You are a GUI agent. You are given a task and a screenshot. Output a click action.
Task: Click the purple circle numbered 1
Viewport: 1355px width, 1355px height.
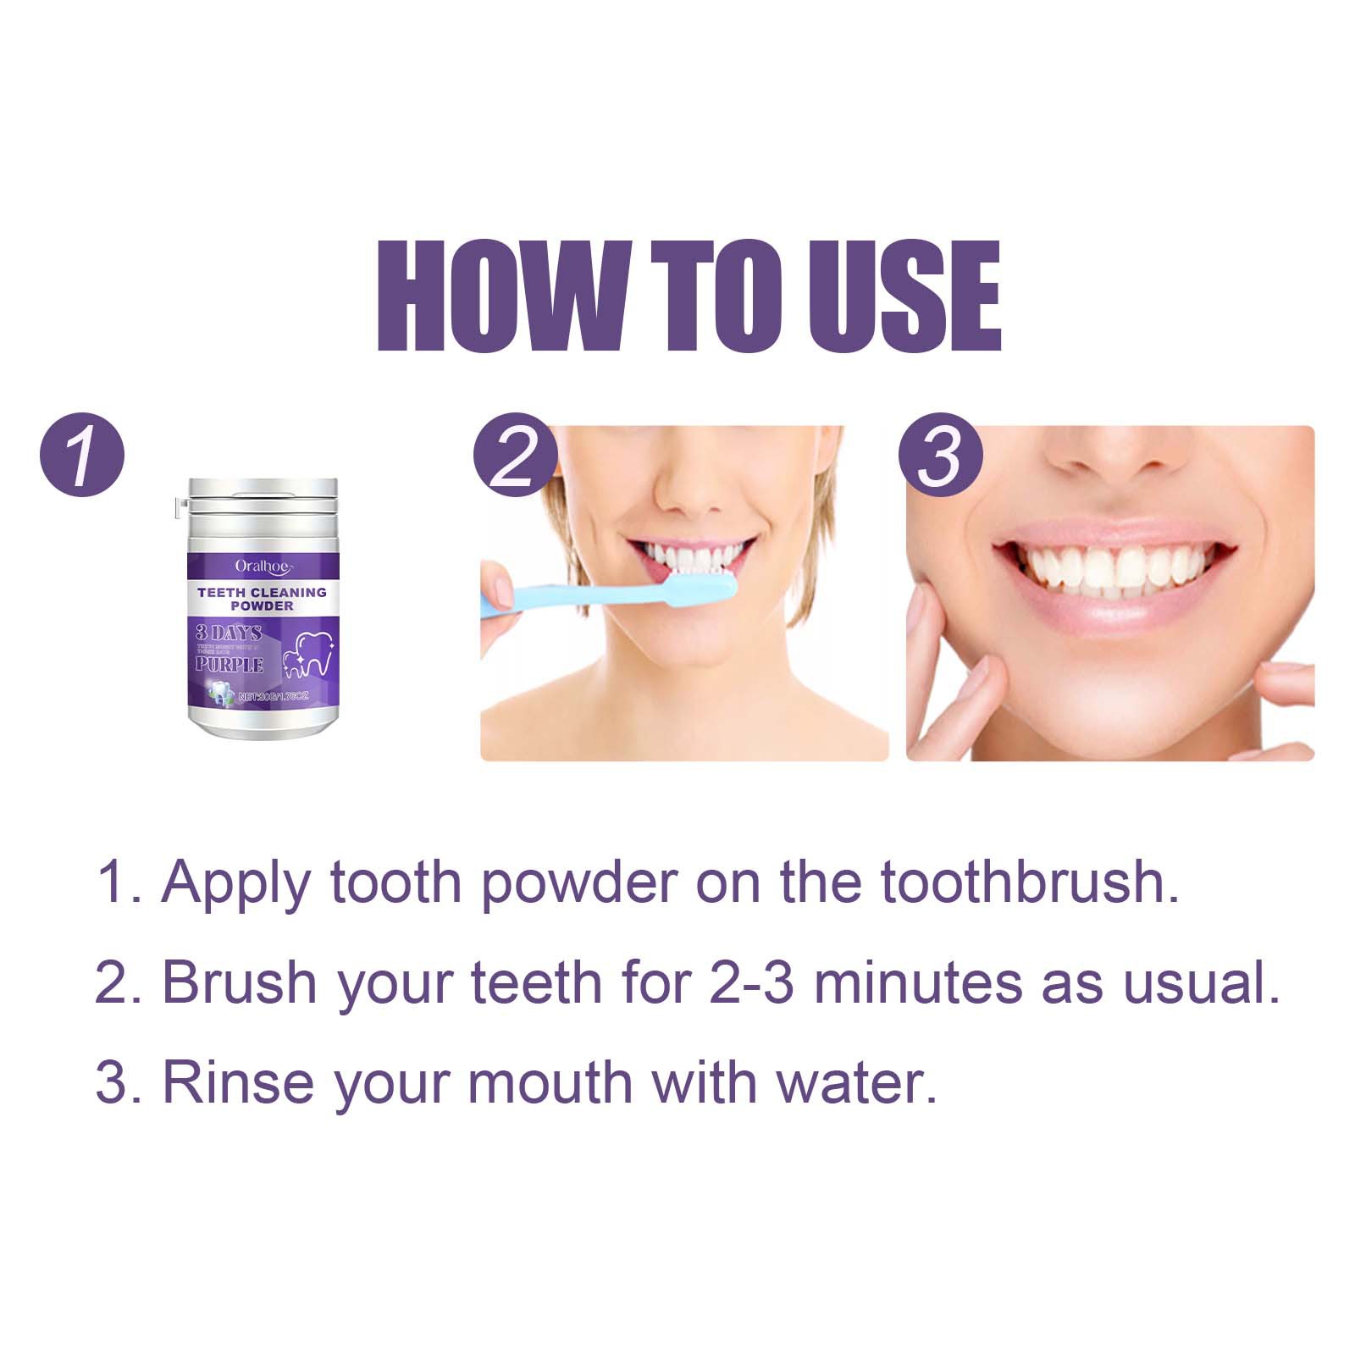pos(82,455)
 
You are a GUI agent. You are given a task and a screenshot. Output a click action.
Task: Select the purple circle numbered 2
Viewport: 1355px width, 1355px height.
pos(515,455)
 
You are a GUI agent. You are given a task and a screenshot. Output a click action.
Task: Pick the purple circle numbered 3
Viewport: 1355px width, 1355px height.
pos(940,455)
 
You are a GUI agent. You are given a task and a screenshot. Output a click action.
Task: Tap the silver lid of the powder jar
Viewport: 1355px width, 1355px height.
pos(263,499)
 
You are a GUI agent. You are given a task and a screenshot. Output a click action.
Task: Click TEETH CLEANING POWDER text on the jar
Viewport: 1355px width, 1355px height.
pos(262,599)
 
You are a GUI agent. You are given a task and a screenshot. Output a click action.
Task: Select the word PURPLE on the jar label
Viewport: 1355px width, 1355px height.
pos(230,665)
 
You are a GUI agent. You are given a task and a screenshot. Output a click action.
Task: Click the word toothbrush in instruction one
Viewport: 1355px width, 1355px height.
pos(1029,882)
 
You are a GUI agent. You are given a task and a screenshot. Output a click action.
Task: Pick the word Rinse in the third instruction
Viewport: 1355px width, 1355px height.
pos(237,1083)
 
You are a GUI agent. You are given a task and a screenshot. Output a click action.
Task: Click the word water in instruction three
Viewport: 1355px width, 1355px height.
pos(863,1083)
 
